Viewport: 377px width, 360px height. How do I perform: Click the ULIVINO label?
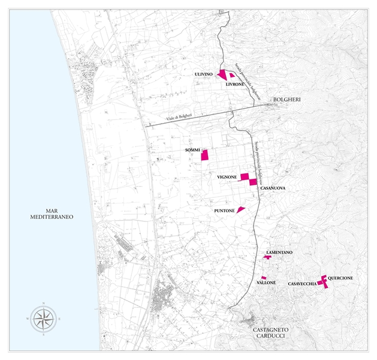tap(204, 74)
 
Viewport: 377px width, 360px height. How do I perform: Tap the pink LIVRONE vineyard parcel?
tap(232, 76)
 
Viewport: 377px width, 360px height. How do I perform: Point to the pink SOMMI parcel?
tap(204, 155)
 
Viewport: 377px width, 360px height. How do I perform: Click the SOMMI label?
tap(192, 149)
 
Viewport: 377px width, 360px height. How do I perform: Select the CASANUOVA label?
tap(272, 188)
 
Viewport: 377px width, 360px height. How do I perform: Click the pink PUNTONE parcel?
tap(240, 209)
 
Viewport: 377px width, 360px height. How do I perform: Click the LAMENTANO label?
tap(279, 253)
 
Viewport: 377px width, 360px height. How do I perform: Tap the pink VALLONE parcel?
tap(264, 277)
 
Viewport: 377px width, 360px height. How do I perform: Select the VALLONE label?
tap(266, 282)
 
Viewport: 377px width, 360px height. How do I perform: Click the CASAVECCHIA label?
tap(302, 283)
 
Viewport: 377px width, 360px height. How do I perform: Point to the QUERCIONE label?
tap(340, 278)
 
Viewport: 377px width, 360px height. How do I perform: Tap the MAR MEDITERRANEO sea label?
tap(51, 215)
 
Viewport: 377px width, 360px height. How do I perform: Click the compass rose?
tap(41, 319)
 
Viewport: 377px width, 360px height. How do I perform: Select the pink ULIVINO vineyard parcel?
tap(222, 75)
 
